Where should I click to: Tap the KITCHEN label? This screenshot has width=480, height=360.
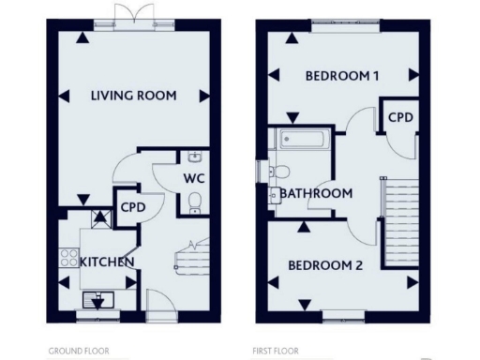pos(106,262)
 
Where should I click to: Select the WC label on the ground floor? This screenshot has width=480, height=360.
pos(194,177)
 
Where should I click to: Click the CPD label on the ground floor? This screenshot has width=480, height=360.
pos(130,208)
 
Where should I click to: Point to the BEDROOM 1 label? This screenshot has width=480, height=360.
pos(341,76)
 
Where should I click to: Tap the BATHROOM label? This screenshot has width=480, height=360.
pos(316,194)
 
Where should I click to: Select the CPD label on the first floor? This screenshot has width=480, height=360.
pos(400,117)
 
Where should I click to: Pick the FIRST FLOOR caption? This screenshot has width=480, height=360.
pos(276,352)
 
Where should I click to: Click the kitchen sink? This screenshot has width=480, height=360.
pos(97,299)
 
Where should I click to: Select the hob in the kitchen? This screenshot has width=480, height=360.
pos(68,254)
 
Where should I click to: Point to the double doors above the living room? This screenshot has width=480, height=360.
pos(127,14)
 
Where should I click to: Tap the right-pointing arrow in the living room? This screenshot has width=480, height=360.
pos(204,95)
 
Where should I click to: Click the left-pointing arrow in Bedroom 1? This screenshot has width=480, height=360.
pos(275,76)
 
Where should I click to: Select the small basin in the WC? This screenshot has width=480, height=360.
pos(193,157)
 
